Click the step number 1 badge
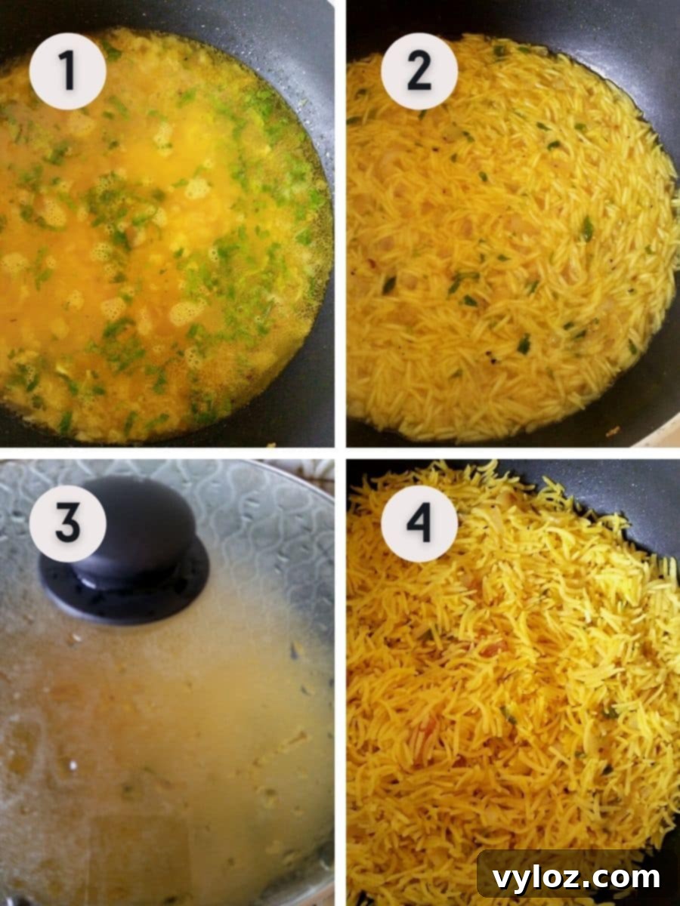67,70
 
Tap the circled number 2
419,70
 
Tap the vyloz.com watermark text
576,878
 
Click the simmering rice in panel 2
514,249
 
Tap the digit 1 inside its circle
68,70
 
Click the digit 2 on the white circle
419,70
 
